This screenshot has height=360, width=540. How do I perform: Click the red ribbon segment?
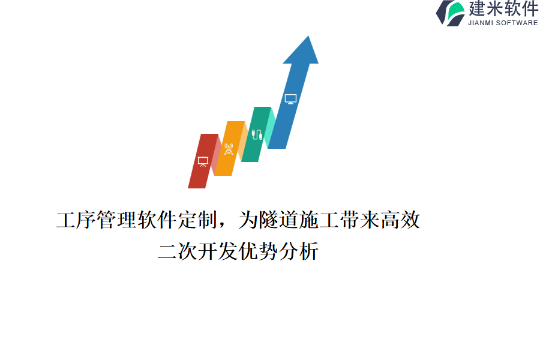(x=203, y=161)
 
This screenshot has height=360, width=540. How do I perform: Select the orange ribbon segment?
(x=229, y=148)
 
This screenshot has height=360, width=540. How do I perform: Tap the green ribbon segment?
(x=256, y=134)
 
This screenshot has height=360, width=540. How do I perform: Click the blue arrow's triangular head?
(x=301, y=50)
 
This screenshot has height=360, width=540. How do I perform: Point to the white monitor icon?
(x=290, y=99)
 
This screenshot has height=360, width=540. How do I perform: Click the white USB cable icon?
(x=257, y=134)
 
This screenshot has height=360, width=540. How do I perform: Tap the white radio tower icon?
(x=229, y=149)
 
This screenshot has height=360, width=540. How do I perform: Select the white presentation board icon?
(x=203, y=161)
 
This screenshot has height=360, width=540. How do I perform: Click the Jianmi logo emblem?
(x=451, y=13)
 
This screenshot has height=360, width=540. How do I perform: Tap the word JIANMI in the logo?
(x=481, y=23)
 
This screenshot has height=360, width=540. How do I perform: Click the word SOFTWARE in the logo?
(x=517, y=23)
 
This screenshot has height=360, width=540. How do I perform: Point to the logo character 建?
(x=477, y=8)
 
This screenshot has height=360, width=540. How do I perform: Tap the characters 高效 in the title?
(x=400, y=220)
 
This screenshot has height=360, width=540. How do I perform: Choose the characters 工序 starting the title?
(x=76, y=220)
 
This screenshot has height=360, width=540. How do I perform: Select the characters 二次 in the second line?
(x=178, y=251)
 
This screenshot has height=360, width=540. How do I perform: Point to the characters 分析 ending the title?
(x=299, y=251)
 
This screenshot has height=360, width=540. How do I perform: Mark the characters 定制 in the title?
(x=197, y=220)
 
